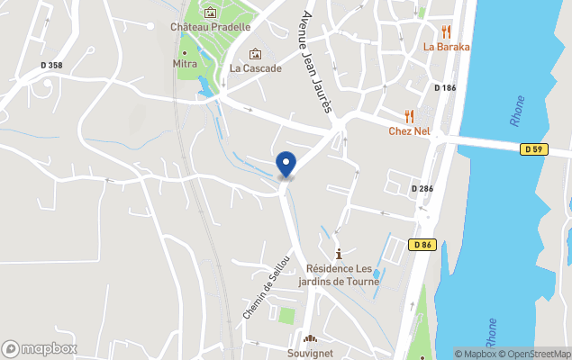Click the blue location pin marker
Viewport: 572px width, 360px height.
[x=286, y=164]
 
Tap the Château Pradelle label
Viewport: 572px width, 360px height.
[x=210, y=27]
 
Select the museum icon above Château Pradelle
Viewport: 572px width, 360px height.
[x=210, y=13]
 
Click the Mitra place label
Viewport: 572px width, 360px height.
[x=185, y=65]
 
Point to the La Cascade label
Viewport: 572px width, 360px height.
[x=255, y=67]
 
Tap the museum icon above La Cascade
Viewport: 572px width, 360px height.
[x=255, y=54]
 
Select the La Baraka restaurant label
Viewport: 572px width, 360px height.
[x=446, y=47]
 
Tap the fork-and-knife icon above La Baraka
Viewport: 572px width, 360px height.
[x=446, y=31]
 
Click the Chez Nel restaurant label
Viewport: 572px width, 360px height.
[x=409, y=131]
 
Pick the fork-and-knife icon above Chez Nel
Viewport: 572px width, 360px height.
[x=409, y=115]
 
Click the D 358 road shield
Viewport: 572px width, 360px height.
[x=53, y=66]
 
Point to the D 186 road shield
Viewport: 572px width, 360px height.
[x=445, y=88]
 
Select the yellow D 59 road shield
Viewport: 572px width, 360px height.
[x=534, y=149]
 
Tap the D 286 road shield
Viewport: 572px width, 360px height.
[x=422, y=189]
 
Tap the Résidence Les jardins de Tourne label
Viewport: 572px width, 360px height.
[x=339, y=274]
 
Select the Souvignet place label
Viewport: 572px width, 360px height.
[x=310, y=353]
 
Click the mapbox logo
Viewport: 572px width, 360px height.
[x=40, y=348]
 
